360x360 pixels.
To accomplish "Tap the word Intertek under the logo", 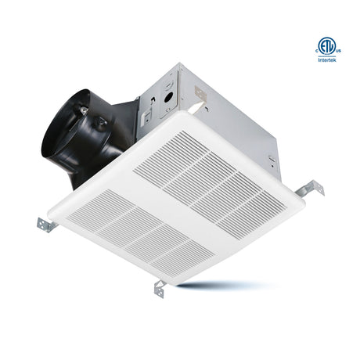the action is (x=327, y=60).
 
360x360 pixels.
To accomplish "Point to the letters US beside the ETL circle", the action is (x=339, y=51).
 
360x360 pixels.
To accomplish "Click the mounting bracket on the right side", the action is (x=310, y=189).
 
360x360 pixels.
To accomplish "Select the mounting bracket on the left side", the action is (x=46, y=225).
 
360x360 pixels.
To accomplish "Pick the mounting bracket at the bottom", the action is (x=160, y=288).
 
